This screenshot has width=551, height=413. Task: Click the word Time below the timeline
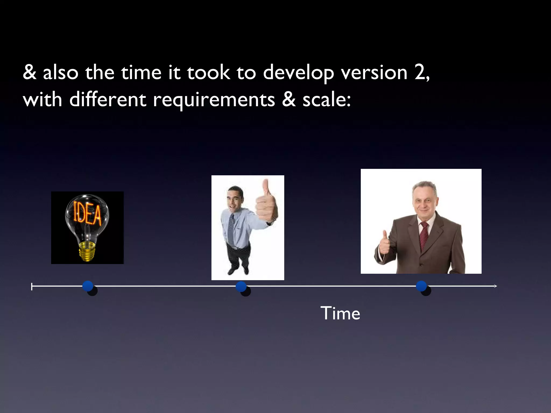pyautogui.click(x=340, y=314)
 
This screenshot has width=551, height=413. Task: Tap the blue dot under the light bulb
pyautogui.click(x=88, y=286)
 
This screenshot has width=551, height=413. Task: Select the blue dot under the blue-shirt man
pyautogui.click(x=241, y=287)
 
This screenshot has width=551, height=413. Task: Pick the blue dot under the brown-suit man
pyautogui.click(x=421, y=286)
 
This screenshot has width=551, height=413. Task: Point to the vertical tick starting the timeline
pyautogui.click(x=32, y=287)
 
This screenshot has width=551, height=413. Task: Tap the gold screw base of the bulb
pyautogui.click(x=87, y=251)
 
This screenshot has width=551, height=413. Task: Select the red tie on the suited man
pyautogui.click(x=424, y=235)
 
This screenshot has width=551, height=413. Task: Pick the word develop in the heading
pyautogui.click(x=298, y=73)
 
